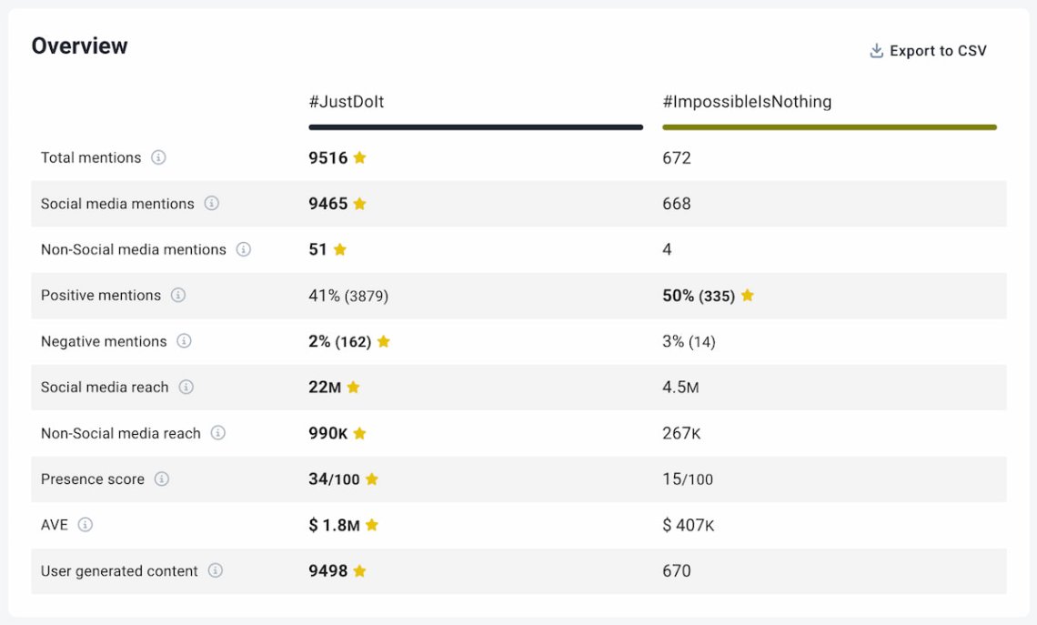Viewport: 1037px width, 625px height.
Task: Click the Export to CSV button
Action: pos(929,51)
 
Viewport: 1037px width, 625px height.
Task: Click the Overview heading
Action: pos(79,45)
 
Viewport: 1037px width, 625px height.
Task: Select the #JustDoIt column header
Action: pos(346,102)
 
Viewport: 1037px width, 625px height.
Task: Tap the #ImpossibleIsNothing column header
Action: pos(746,102)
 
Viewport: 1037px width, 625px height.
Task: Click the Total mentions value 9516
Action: pos(327,157)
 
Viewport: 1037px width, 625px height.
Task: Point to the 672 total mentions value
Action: pos(676,157)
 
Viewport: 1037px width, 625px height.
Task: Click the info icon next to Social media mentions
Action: pos(212,204)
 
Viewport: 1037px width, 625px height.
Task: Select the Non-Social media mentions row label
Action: pos(133,249)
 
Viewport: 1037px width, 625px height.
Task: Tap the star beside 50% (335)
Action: pos(747,296)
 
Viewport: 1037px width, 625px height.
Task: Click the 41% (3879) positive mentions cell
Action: pos(348,296)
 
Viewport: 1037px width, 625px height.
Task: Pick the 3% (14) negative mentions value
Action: pos(689,341)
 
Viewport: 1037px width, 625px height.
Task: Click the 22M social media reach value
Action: pos(325,388)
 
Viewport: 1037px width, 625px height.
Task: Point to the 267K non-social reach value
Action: pos(681,433)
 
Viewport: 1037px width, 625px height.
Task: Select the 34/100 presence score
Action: pos(334,479)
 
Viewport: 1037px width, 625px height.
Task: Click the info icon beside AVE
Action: pos(86,525)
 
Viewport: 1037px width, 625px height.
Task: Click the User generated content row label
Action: pos(119,571)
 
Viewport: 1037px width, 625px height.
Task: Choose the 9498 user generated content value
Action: pos(327,571)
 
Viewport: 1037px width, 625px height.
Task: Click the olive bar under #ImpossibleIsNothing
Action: pos(829,127)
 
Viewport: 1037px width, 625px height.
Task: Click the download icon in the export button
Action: pos(877,51)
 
